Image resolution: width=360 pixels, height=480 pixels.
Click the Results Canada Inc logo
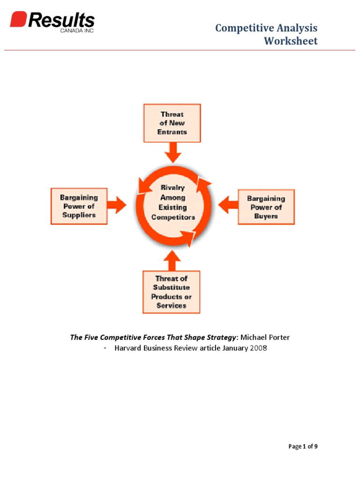(52, 22)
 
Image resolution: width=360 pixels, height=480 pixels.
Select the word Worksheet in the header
(291, 41)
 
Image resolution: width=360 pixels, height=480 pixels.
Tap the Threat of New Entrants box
(172, 123)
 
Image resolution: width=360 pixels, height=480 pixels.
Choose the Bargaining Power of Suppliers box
(79, 206)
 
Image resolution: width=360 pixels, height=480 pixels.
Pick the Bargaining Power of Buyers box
(266, 207)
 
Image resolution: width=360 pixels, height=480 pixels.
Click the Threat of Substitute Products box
(171, 292)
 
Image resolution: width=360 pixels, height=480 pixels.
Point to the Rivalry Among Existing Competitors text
(173, 202)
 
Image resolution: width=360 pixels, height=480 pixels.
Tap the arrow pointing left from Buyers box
(228, 205)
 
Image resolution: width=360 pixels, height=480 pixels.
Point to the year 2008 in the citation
(258, 348)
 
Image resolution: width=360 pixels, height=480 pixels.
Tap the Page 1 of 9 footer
(303, 446)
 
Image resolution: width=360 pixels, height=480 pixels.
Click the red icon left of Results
(18, 20)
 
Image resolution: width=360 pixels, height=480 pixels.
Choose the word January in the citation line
(232, 348)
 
